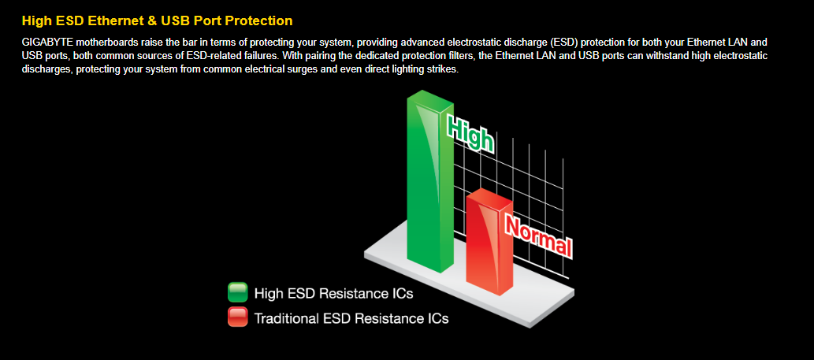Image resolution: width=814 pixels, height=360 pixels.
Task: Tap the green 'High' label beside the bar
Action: pos(470,133)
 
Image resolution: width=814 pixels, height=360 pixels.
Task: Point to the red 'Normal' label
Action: pos(538,236)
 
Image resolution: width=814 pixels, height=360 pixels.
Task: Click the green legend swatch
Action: pos(238,292)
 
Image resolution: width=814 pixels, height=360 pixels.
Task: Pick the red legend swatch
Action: pos(238,317)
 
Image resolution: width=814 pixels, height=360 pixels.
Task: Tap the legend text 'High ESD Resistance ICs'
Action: pos(334,293)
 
